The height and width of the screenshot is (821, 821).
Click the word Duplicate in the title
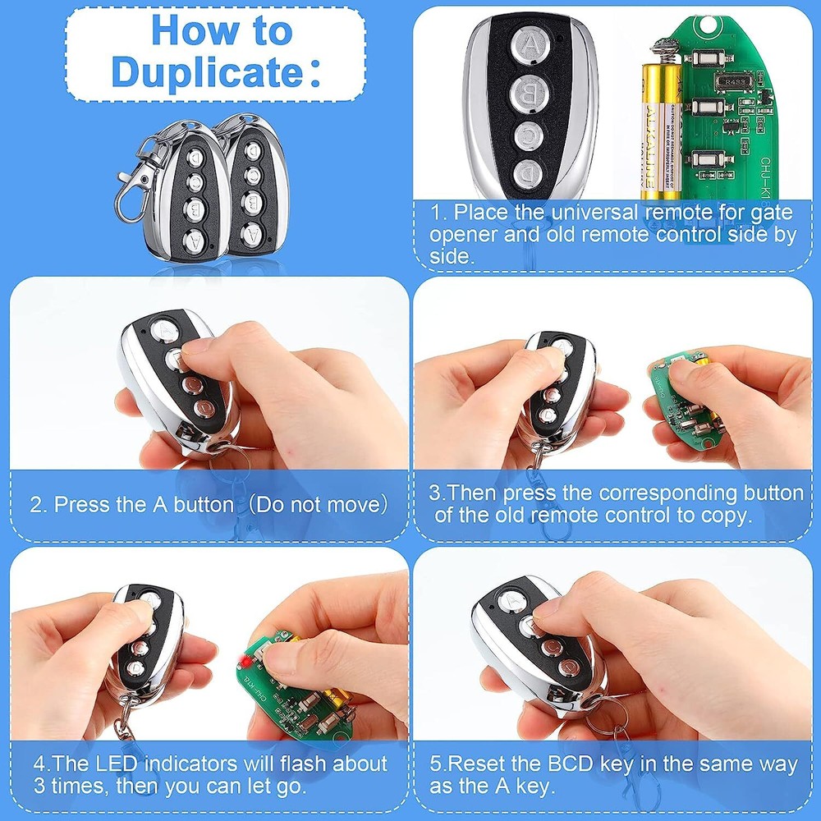209,72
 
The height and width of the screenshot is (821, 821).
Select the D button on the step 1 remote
528,173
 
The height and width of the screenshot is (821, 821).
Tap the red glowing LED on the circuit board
243,662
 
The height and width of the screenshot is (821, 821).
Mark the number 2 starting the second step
37,504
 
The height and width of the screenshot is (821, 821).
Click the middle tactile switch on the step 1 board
701,106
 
